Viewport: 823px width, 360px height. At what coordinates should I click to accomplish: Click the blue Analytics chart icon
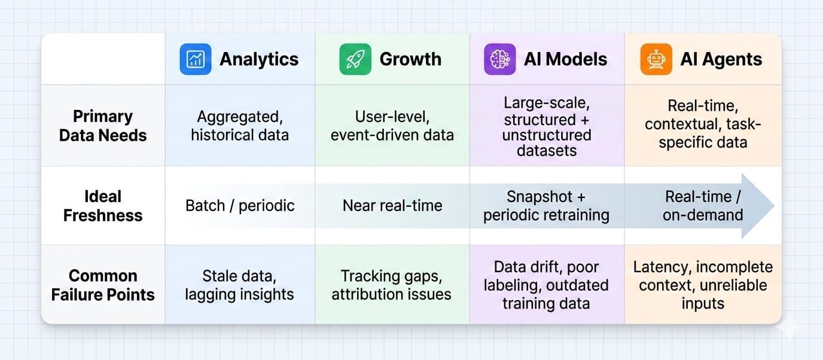(x=196, y=59)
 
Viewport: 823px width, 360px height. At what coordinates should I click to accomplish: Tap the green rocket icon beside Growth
(x=355, y=59)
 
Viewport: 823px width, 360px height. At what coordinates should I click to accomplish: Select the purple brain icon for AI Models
(x=499, y=59)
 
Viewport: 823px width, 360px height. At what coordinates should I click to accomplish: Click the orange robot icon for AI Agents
(x=656, y=59)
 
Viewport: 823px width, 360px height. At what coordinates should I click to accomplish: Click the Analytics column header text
(x=259, y=59)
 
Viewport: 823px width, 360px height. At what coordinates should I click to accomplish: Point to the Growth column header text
(x=410, y=59)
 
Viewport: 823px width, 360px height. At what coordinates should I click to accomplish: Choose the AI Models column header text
(x=565, y=59)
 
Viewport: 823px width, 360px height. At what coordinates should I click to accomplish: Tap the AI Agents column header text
(x=721, y=59)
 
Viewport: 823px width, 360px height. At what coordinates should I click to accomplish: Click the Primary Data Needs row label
(x=103, y=126)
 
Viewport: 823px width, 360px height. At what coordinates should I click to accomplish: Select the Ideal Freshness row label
(x=103, y=206)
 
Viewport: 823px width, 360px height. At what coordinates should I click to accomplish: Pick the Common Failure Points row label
(x=103, y=285)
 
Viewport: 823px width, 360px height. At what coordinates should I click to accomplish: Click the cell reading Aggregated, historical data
(x=240, y=126)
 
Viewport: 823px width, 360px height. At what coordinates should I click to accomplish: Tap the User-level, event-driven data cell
(x=392, y=126)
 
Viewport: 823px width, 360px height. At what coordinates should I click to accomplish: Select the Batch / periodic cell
(x=240, y=206)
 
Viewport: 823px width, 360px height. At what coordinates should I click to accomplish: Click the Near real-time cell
(x=392, y=206)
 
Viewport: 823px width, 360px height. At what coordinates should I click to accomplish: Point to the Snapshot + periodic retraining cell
(x=546, y=206)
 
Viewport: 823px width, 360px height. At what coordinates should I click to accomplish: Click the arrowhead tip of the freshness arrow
(x=775, y=206)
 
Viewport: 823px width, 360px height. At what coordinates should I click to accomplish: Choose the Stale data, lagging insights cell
(x=240, y=285)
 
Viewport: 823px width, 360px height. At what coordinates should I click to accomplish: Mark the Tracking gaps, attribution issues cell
(x=392, y=285)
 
